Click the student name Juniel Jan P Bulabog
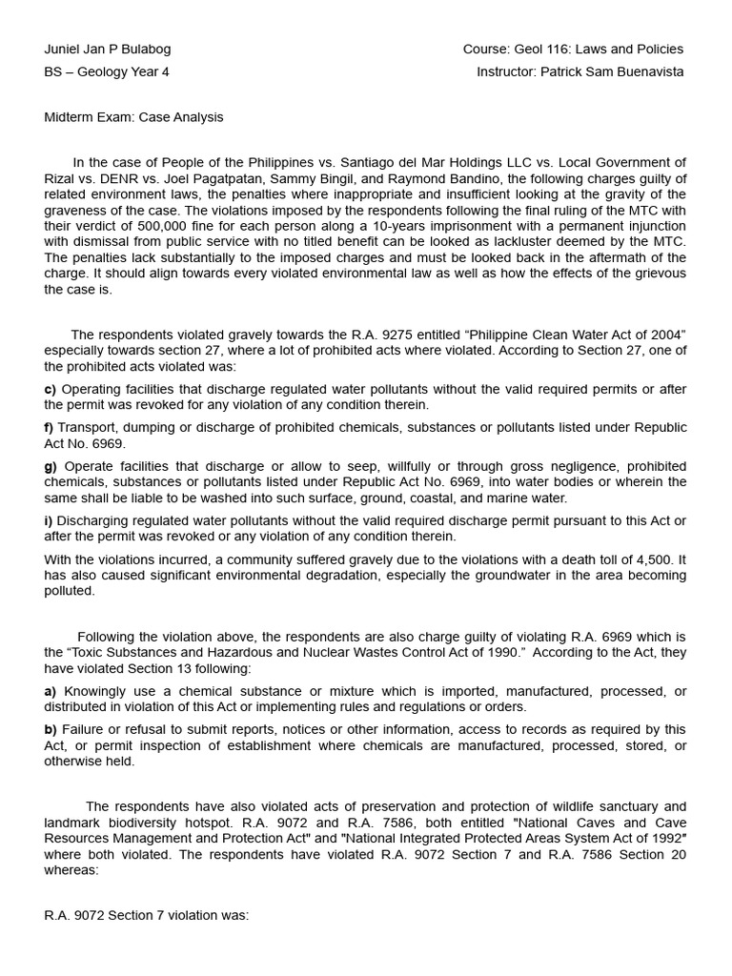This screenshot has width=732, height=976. click(x=108, y=50)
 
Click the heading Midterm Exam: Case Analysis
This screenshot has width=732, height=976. click(x=133, y=117)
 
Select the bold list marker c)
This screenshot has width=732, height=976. click(x=51, y=389)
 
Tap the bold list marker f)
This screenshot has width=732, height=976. click(x=50, y=428)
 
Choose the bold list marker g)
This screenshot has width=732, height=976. click(x=51, y=466)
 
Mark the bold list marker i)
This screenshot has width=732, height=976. click(x=49, y=520)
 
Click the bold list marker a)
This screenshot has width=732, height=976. click(x=51, y=691)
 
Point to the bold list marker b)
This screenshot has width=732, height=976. click(x=51, y=730)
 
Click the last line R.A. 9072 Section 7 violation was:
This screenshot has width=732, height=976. click(x=146, y=915)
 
